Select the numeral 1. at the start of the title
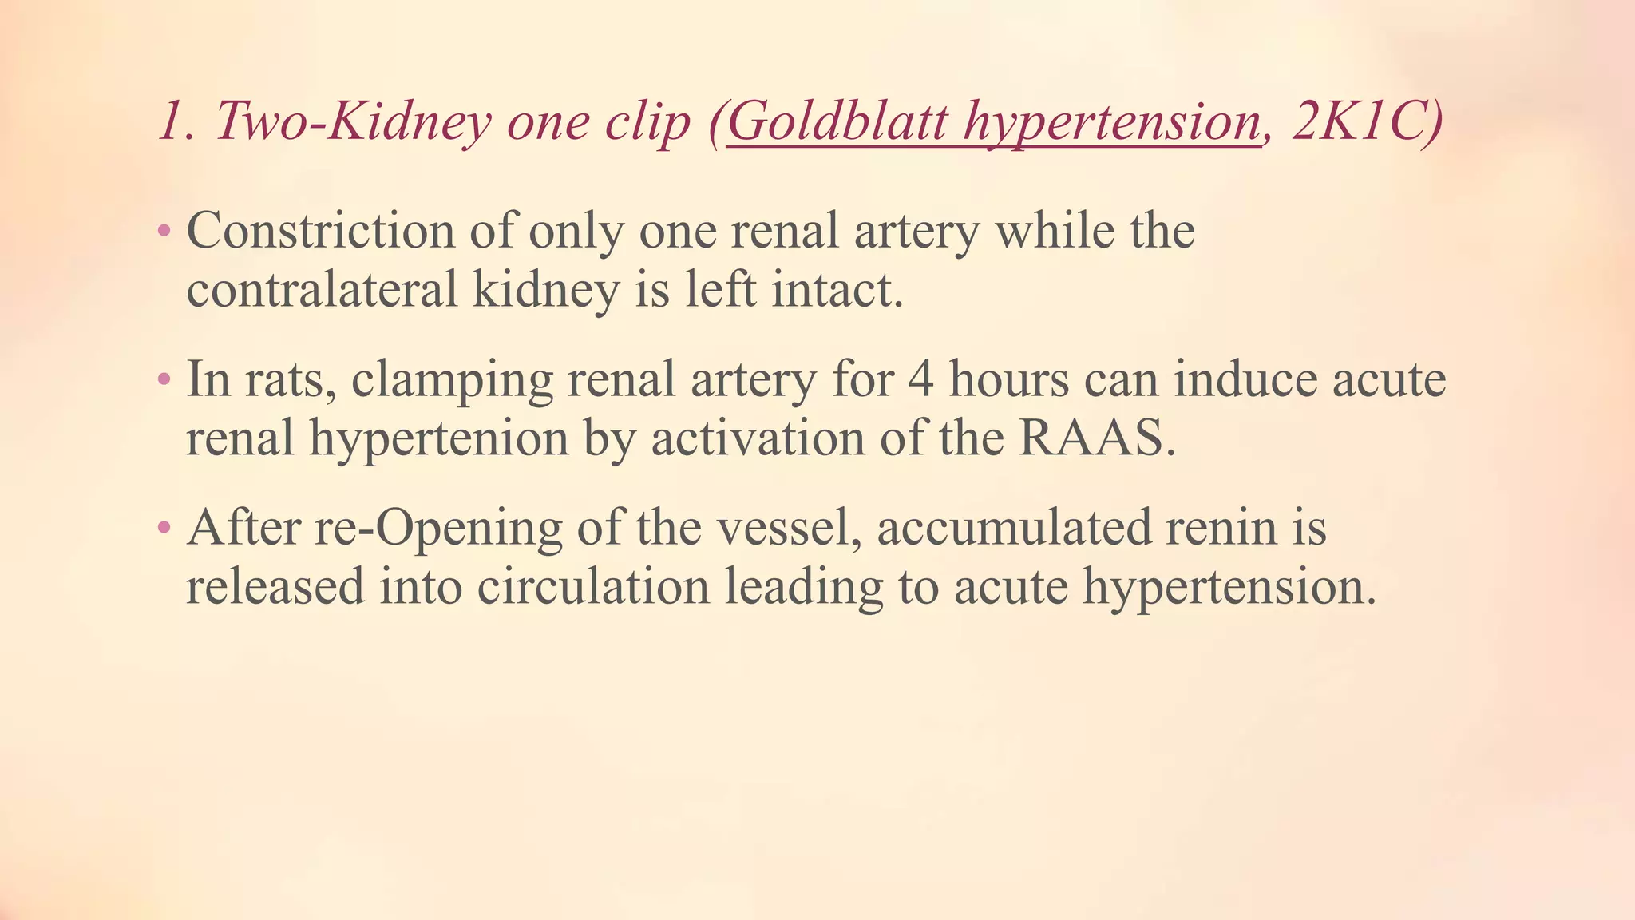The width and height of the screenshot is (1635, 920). click(x=177, y=121)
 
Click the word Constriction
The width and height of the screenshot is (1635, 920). click(x=320, y=232)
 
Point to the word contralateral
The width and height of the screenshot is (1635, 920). click(x=322, y=290)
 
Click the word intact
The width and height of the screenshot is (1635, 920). click(x=837, y=290)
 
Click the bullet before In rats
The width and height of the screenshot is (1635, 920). click(x=164, y=379)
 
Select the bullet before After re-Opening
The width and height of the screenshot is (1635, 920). click(x=164, y=528)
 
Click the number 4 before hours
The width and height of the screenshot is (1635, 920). click(x=921, y=379)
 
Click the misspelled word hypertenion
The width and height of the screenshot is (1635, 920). click(x=438, y=440)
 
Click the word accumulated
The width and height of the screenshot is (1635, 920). click(x=1014, y=528)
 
